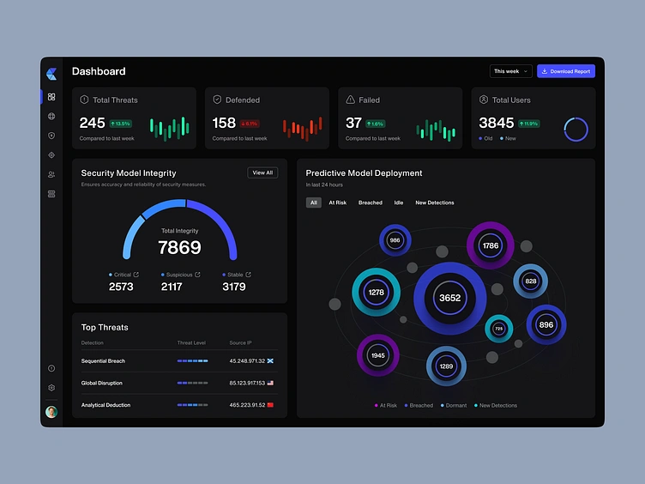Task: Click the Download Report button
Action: click(x=565, y=71)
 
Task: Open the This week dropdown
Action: click(x=511, y=71)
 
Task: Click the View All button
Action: click(x=262, y=172)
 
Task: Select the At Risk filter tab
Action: click(x=338, y=203)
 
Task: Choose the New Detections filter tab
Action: click(x=435, y=203)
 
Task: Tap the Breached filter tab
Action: click(x=371, y=203)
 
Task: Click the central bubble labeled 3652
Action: click(x=449, y=298)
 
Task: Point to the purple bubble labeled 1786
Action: click(x=490, y=245)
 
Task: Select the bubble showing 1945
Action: click(x=377, y=355)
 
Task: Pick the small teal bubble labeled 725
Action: click(x=498, y=328)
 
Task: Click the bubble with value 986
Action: click(x=395, y=240)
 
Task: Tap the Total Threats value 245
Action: click(x=92, y=123)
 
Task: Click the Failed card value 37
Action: click(x=353, y=123)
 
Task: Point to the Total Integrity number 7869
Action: click(x=179, y=248)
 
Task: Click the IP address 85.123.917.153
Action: click(x=247, y=383)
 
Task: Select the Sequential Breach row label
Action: click(x=103, y=361)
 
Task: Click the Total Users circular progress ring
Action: click(x=576, y=129)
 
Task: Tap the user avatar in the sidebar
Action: click(x=51, y=412)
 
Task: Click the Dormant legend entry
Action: click(x=455, y=405)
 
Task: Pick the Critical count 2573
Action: click(x=121, y=287)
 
